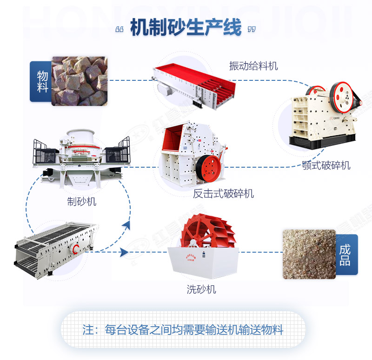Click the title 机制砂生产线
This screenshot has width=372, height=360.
tap(186, 28)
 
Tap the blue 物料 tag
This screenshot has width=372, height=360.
tap(40, 81)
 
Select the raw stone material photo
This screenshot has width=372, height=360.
tap(79, 81)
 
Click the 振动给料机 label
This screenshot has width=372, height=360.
tap(253, 66)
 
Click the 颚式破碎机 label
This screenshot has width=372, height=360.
tap(326, 165)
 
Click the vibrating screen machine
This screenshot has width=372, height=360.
tap(53, 247)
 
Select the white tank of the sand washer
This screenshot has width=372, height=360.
tap(203, 262)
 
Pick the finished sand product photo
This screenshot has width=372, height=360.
tap(309, 254)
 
